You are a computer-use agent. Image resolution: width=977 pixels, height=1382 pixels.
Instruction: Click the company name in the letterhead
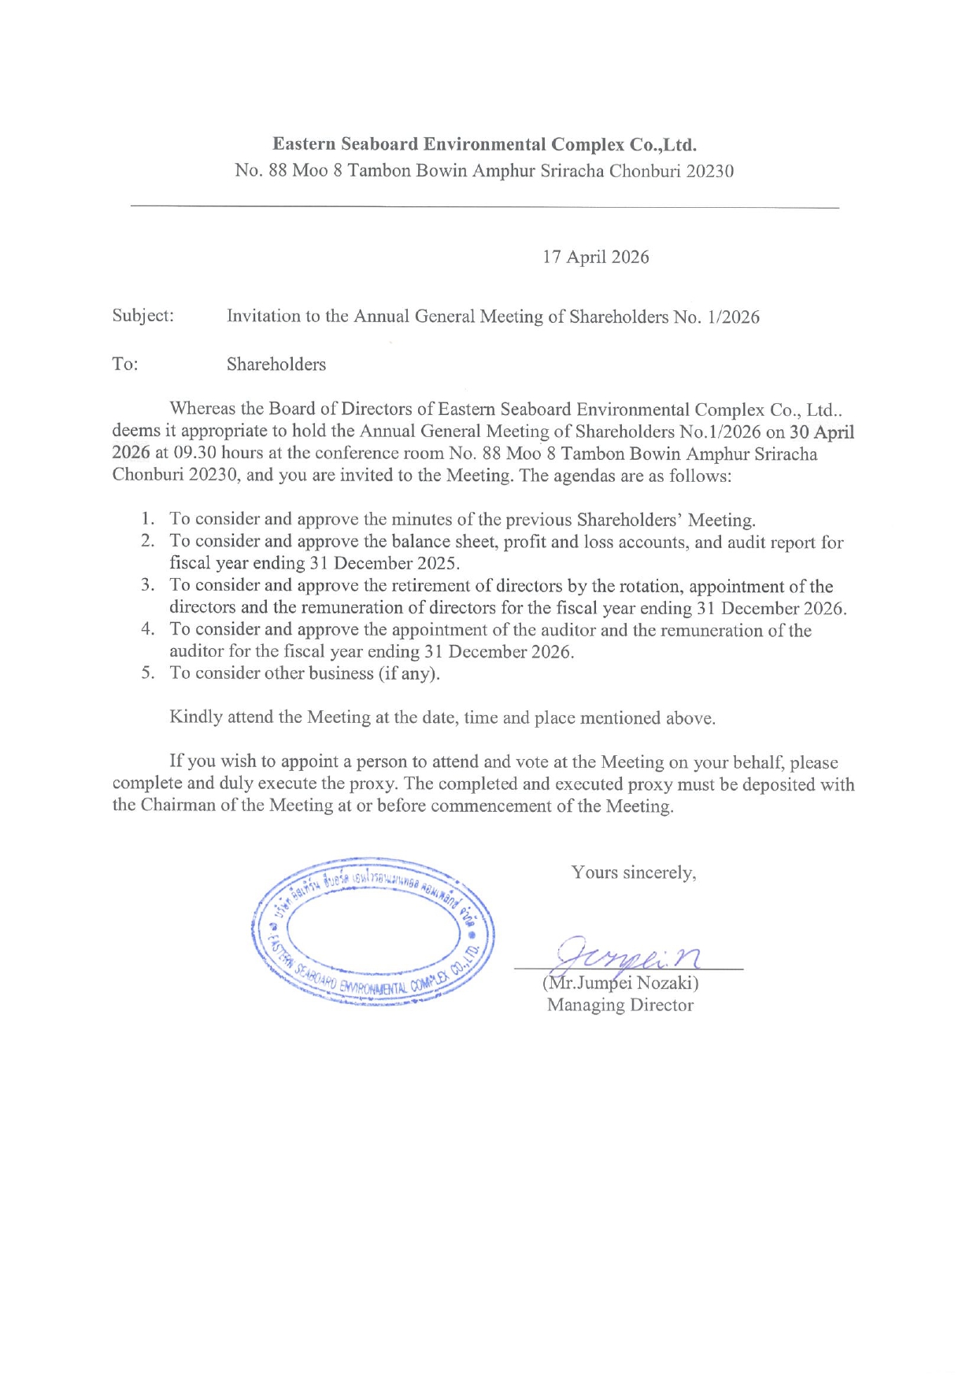coord(484,145)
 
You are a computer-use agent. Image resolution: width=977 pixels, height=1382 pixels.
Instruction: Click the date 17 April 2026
coord(595,258)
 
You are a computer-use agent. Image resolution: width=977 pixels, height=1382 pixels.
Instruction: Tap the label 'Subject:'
coord(142,316)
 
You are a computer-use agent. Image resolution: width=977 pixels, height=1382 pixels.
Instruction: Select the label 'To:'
coord(124,364)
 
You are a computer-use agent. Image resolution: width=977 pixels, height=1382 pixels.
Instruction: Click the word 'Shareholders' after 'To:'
coord(276,365)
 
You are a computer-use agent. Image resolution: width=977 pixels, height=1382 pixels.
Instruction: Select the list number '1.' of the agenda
coord(148,519)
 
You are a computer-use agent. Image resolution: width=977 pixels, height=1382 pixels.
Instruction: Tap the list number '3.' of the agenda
coord(148,585)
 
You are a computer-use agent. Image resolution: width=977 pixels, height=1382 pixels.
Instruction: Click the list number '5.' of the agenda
coord(148,673)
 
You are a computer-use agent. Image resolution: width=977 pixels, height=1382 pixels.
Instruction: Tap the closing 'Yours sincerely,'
coord(634,873)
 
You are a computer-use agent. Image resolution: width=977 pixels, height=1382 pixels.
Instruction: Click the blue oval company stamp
coord(372,932)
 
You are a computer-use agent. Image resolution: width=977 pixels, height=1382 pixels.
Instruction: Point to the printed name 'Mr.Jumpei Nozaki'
coord(620,984)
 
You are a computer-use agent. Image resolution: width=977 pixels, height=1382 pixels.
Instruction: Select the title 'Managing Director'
coord(620,1006)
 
